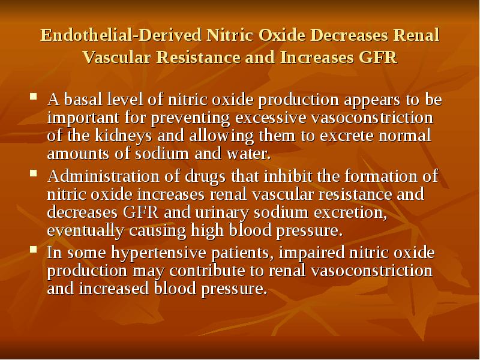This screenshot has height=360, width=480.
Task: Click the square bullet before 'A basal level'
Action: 34,97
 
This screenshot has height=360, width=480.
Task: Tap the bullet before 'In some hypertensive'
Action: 34,251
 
